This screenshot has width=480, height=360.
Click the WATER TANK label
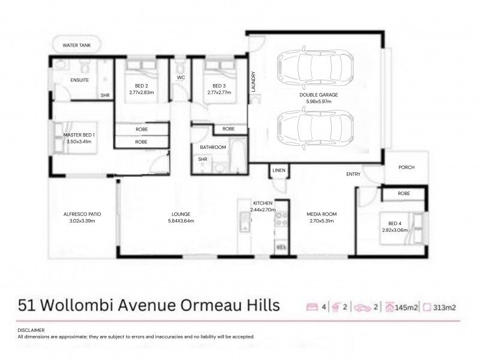[76, 45]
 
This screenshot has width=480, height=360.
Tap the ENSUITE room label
[79, 80]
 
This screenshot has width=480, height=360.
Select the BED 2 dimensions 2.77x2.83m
[142, 93]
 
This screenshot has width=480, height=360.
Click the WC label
[181, 78]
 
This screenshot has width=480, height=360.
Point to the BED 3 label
[218, 86]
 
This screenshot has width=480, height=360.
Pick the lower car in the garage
[315, 127]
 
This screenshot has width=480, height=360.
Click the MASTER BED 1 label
[79, 135]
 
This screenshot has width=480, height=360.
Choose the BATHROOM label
[213, 147]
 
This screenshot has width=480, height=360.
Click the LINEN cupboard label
[279, 171]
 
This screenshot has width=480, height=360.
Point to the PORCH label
[407, 168]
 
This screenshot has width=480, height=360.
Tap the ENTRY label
[353, 175]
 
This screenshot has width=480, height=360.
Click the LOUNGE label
[181, 214]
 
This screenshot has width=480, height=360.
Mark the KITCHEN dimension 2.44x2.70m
[264, 210]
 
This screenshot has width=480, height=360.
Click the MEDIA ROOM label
[322, 214]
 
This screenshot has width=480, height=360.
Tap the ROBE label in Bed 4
[404, 194]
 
